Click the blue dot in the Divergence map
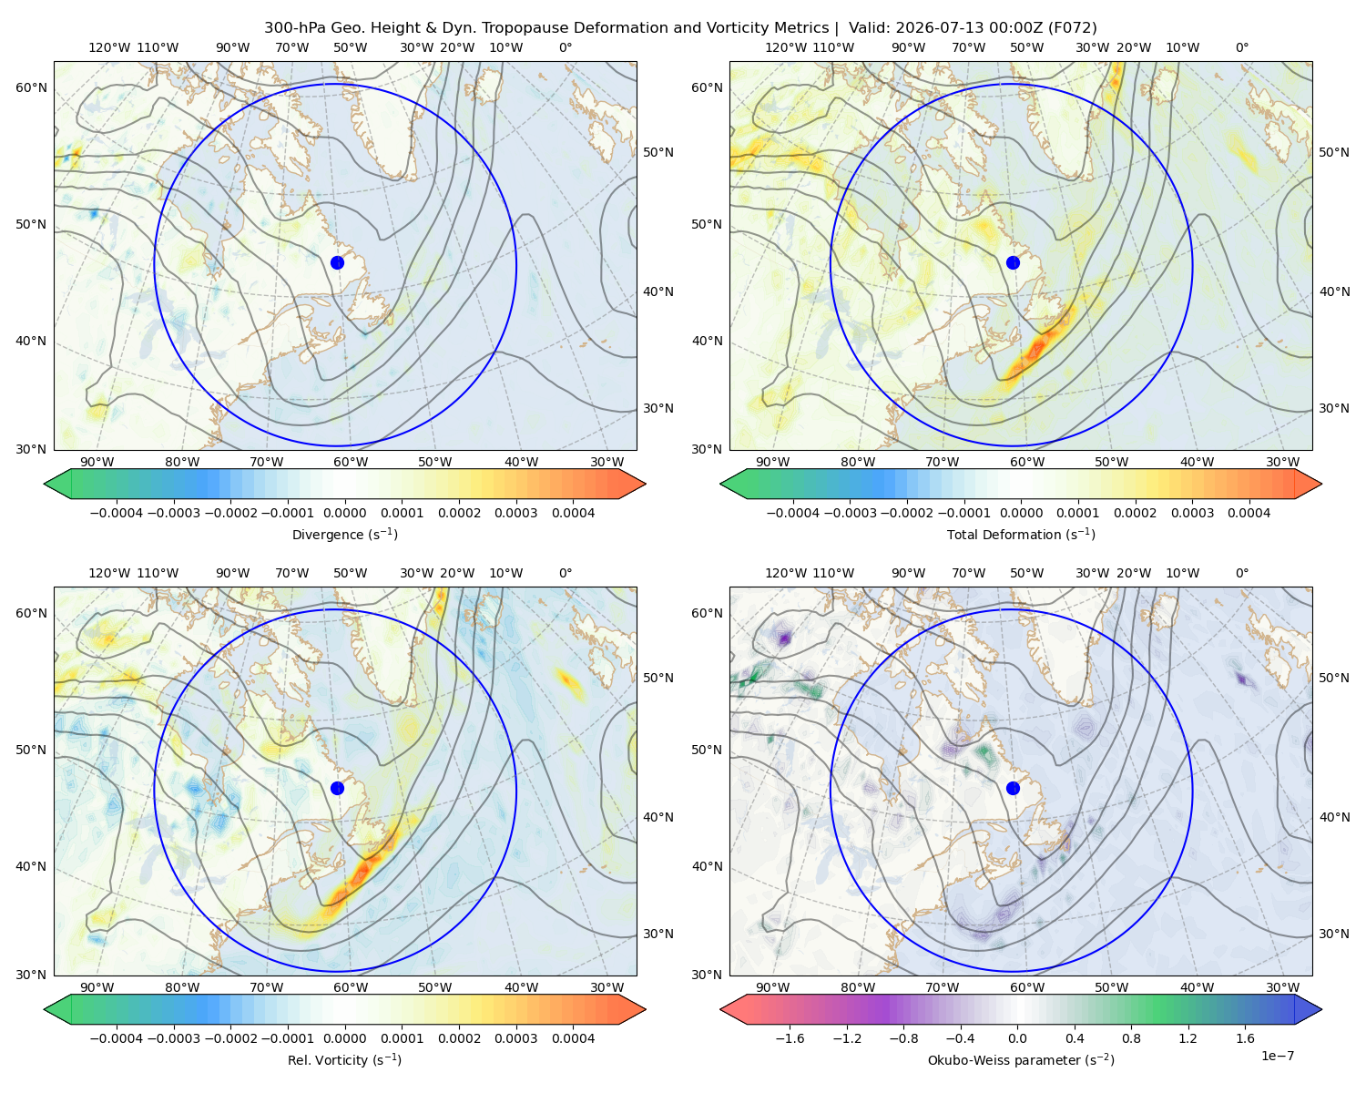tap(337, 262)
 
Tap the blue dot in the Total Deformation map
tap(1013, 262)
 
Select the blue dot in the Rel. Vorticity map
tap(337, 788)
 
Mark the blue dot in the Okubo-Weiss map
tap(1013, 788)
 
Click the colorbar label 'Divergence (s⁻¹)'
tap(344, 534)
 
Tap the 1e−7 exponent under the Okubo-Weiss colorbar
tap(1277, 1056)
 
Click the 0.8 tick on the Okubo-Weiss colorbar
tap(1131, 1037)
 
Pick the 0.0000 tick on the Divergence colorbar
tap(344, 513)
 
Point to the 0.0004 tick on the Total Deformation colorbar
tap(1249, 513)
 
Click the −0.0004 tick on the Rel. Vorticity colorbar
tap(117, 1037)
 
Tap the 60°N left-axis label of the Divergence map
tap(31, 87)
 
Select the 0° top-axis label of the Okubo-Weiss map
tap(1241, 572)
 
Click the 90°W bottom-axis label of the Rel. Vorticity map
tap(97, 987)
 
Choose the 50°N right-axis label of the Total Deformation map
tap(1333, 152)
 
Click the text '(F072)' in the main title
tap(1072, 27)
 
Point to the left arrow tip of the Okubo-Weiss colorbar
tap(720, 1009)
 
